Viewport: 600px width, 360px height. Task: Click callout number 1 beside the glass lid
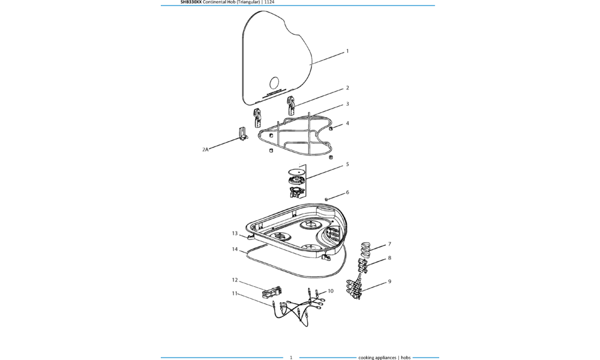(347, 51)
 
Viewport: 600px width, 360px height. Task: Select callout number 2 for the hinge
(347, 88)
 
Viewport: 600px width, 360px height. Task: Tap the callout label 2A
(205, 149)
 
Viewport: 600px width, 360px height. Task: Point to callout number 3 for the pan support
(347, 104)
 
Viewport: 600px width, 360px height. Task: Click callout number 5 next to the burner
(347, 164)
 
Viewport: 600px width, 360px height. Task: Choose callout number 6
(347, 193)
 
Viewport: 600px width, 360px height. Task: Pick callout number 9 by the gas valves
(389, 281)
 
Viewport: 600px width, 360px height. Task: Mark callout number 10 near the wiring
(331, 291)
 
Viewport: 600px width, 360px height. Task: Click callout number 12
(235, 280)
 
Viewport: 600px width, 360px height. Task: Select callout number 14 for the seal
(235, 249)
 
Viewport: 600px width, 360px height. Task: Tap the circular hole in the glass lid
(274, 83)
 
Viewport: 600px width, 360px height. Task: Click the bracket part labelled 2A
(243, 134)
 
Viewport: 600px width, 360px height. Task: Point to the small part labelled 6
(326, 199)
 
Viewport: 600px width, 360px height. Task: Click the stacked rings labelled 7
(366, 249)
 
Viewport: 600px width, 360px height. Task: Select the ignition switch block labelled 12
(272, 293)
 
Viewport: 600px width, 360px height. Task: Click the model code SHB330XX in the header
(191, 2)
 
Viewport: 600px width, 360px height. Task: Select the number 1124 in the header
(269, 2)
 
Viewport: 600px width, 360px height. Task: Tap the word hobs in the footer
(406, 358)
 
